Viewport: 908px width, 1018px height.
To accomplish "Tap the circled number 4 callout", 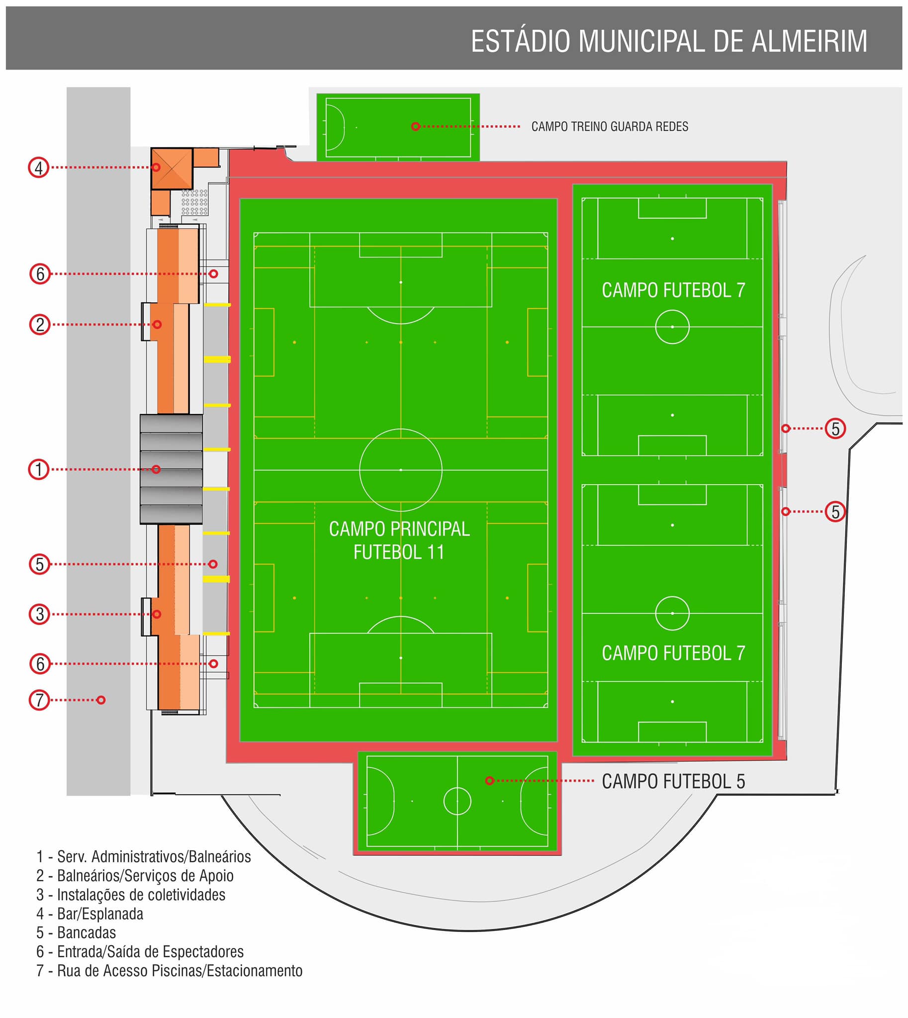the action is [38, 168].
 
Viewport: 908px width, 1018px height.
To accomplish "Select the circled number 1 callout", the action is [38, 470].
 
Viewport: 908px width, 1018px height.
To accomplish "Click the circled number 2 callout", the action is [40, 325].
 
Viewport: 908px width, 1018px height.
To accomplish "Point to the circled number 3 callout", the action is [40, 614].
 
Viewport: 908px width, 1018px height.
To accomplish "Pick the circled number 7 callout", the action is [39, 700].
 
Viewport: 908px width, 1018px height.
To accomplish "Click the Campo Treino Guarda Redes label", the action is [610, 127].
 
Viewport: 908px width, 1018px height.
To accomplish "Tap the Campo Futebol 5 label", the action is [673, 781].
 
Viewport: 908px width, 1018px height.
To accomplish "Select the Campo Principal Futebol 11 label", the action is [399, 541].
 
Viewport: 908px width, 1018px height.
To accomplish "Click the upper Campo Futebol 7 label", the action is [673, 290].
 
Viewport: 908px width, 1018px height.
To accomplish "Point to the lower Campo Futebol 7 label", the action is [673, 653].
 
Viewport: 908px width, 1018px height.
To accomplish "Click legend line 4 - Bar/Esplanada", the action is [90, 914].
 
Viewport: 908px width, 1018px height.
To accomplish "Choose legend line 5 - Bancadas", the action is [76, 933].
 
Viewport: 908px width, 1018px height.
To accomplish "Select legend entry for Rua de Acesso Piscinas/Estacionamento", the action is [169, 971].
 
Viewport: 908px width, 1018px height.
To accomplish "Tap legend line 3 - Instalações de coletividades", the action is [131, 895].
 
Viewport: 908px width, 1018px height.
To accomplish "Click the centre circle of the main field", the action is [401, 429].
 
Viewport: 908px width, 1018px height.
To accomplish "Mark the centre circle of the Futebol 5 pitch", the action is [457, 787].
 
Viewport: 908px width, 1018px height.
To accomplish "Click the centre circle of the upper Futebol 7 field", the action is [672, 310].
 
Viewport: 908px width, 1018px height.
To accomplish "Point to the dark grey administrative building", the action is [171, 469].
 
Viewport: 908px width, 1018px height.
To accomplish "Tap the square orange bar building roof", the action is [172, 169].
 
